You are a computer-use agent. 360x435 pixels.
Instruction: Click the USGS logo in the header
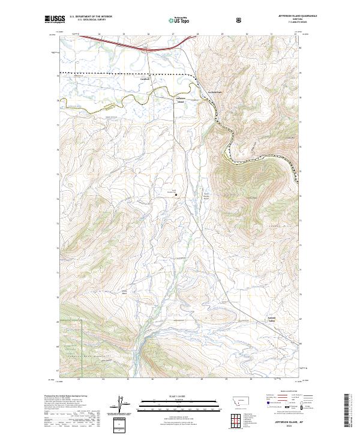[55, 20]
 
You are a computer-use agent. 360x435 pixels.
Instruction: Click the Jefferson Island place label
[181, 100]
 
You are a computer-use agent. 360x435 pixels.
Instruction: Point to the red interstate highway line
[120, 42]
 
